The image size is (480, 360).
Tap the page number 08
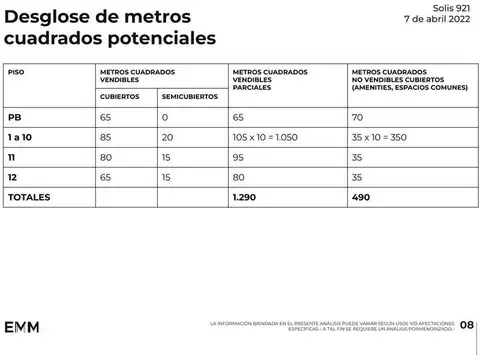(466, 325)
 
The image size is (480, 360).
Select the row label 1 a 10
(20, 136)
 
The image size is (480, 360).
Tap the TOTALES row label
(29, 198)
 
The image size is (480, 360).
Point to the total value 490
(362, 198)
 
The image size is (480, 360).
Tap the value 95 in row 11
(238, 157)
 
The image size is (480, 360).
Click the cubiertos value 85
(106, 136)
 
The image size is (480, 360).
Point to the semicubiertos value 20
(167, 136)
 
